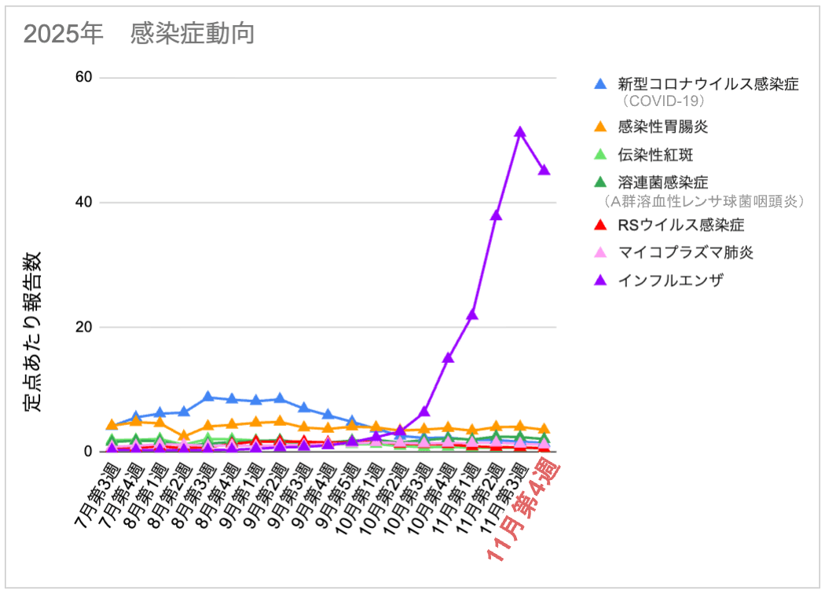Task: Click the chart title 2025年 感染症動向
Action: coord(138,34)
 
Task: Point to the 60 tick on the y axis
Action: coord(84,77)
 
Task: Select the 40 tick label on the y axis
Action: coord(84,202)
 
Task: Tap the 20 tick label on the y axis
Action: coord(84,327)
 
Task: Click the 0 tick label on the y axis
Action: coord(88,452)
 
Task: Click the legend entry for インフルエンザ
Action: coord(670,279)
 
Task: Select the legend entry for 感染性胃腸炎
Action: coord(664,126)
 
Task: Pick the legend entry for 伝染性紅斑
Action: coord(655,154)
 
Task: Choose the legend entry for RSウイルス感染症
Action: coord(681,225)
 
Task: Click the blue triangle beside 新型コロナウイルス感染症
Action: coord(601,83)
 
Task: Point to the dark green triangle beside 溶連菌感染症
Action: coord(601,182)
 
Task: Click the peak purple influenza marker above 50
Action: coord(520,132)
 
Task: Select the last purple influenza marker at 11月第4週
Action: coord(544,170)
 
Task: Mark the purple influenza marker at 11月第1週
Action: coord(472,314)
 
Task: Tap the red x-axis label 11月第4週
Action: coord(522,511)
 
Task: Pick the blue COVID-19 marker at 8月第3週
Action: coord(207,397)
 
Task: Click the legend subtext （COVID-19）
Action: coord(662,101)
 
